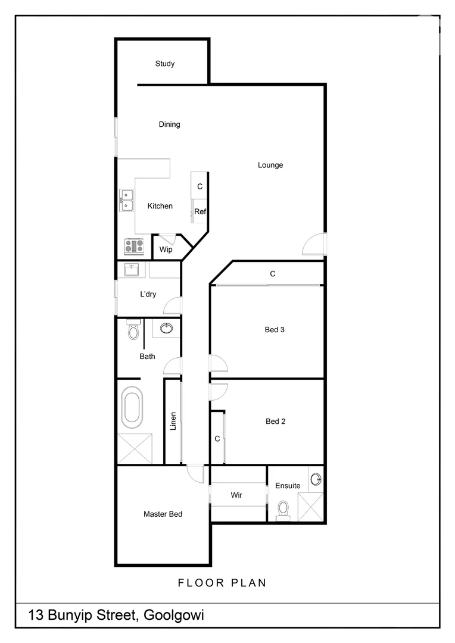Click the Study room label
click(x=165, y=64)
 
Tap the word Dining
click(x=169, y=124)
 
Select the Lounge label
click(x=270, y=165)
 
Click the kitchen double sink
click(x=127, y=200)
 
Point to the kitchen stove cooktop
click(x=134, y=246)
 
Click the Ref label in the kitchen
click(x=200, y=211)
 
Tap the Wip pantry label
click(x=166, y=249)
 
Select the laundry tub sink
click(x=132, y=270)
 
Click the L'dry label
click(x=148, y=294)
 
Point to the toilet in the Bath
click(x=133, y=330)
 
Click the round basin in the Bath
click(x=167, y=327)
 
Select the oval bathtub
click(x=132, y=407)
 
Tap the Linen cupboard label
click(x=173, y=422)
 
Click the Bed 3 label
click(x=274, y=329)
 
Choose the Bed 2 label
click(x=276, y=422)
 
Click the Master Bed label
click(x=163, y=514)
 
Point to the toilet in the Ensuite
click(x=283, y=510)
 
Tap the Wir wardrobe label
click(x=236, y=495)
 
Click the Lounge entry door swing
click(x=313, y=244)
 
